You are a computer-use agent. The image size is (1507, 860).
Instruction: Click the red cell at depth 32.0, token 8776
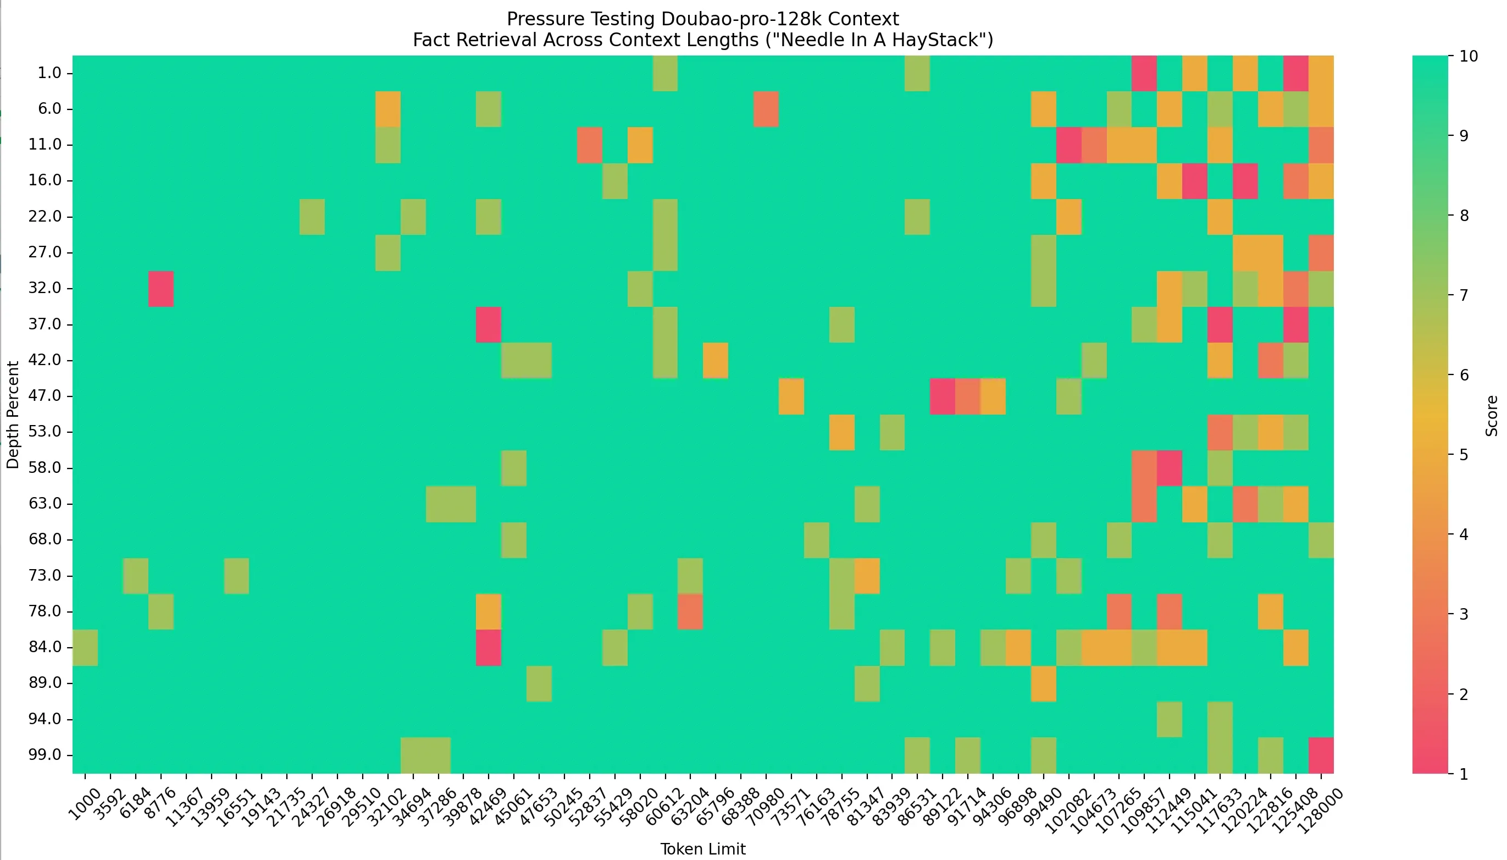(160, 289)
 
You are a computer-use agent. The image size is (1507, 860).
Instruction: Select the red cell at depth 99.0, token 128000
(1321, 755)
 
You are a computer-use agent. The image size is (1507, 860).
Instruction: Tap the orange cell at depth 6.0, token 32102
(388, 109)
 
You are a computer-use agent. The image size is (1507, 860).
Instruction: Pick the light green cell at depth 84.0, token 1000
(85, 647)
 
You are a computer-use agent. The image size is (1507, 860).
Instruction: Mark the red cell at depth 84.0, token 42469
(489, 647)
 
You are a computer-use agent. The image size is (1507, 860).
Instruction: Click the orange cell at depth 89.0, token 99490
(1043, 683)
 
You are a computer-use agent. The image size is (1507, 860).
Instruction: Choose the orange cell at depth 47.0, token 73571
(791, 396)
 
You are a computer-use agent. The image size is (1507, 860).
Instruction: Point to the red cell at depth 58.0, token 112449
(1170, 468)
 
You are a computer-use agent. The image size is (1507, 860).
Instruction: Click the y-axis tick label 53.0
(45, 432)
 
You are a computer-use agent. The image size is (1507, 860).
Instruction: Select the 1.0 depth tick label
(49, 73)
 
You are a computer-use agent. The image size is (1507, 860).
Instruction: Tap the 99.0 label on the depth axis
(45, 755)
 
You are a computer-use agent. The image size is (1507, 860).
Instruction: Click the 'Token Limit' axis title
(702, 849)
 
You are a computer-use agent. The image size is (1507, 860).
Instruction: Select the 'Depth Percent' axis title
(13, 415)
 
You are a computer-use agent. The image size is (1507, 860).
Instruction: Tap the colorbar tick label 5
(1462, 455)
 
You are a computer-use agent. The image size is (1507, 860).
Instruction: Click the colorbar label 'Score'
(1492, 416)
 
